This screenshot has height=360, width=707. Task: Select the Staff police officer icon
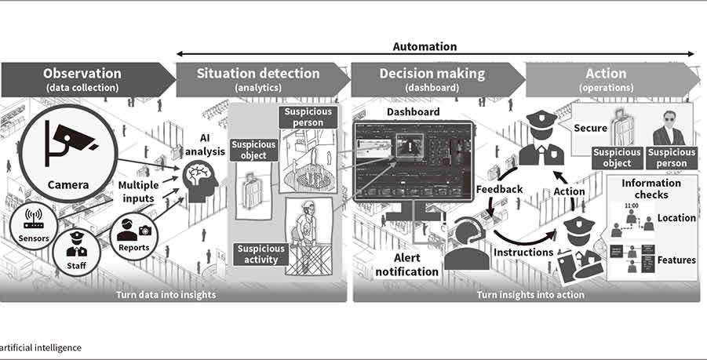(78, 248)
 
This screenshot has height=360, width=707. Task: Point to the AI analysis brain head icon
(201, 180)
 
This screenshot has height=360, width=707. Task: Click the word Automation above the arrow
(425, 47)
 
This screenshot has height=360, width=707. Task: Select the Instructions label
(523, 253)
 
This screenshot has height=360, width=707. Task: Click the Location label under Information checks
(676, 218)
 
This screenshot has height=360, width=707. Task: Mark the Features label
(676, 260)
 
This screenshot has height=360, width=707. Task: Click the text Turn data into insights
(169, 294)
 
